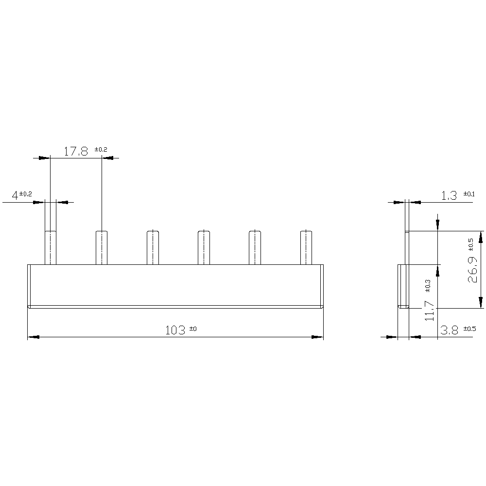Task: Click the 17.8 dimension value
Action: [75, 151]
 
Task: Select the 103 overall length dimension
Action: [175, 330]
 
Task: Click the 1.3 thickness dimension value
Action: [449, 195]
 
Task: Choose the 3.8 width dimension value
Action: [449, 330]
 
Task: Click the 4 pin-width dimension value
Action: [15, 195]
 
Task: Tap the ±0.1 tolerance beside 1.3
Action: [469, 193]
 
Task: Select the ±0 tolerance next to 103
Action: [192, 329]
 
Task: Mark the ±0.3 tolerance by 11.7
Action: [428, 286]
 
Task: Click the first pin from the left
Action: [51, 247]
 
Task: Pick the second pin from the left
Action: [102, 247]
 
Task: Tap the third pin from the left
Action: [153, 247]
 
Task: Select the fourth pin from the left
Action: [204, 247]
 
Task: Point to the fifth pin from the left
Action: [255, 247]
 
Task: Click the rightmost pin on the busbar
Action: [306, 247]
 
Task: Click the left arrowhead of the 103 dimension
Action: [34, 337]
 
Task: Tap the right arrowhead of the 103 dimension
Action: [317, 337]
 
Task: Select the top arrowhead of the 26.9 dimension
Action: [481, 237]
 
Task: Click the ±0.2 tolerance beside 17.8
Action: [101, 149]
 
